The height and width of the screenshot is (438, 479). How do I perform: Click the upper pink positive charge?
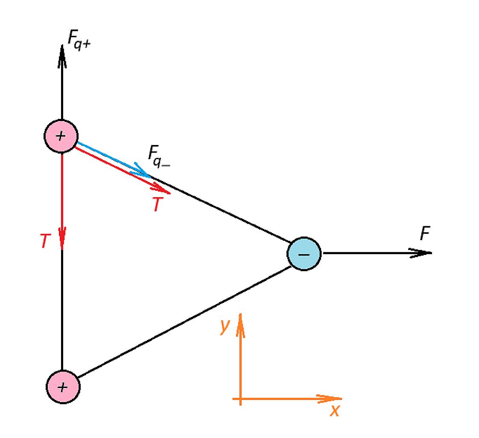[61, 136]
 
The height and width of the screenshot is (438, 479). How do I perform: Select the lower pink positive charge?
[63, 387]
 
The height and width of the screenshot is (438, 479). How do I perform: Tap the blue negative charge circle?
[304, 254]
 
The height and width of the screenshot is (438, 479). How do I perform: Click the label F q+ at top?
[79, 39]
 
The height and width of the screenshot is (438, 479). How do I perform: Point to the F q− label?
[159, 156]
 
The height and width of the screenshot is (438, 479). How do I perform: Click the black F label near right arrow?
[425, 233]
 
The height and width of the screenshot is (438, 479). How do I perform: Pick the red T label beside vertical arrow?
[45, 240]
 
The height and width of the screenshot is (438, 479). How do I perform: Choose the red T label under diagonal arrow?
[158, 204]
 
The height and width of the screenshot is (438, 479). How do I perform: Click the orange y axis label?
[225, 326]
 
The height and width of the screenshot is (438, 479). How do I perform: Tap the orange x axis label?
[335, 410]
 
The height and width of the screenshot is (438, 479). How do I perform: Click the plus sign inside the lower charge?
[62, 387]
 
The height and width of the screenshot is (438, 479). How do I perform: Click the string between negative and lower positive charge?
[184, 321]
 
